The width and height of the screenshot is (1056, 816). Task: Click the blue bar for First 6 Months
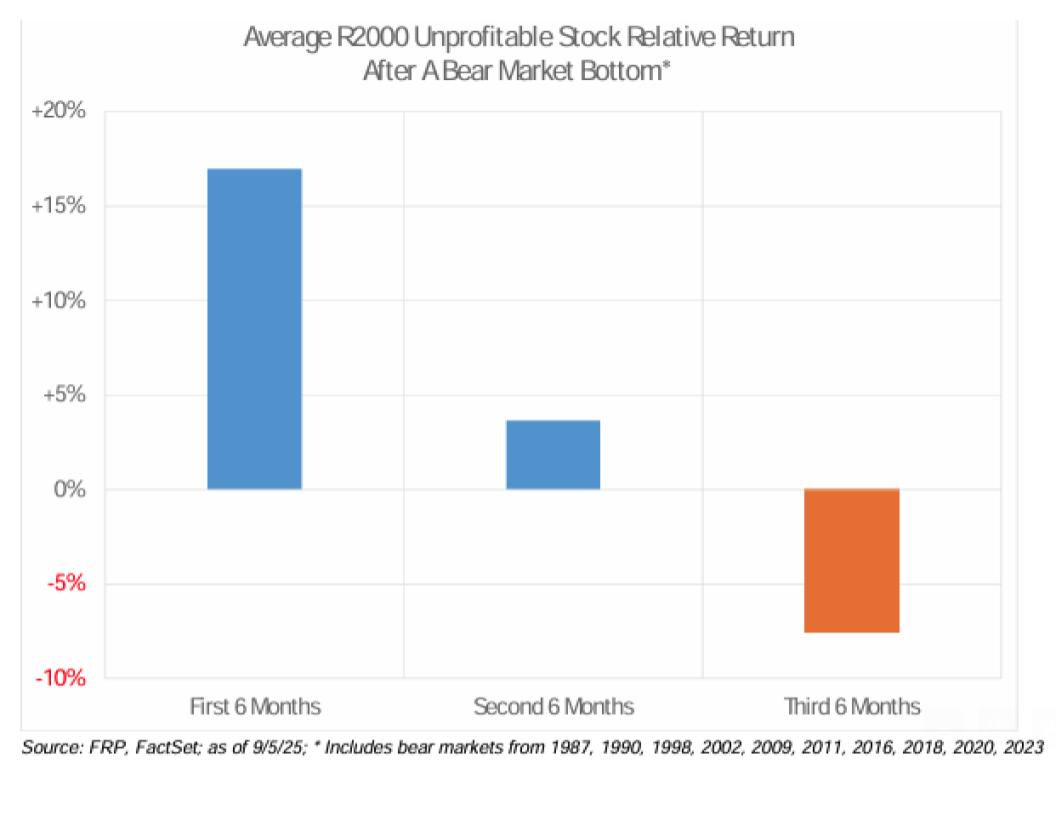coord(255,329)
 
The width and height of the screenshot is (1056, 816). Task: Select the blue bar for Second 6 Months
coord(553,455)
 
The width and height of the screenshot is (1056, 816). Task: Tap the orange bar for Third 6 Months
coord(852,561)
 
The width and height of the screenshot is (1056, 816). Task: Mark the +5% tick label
coord(64,395)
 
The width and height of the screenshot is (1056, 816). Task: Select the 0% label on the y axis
coord(71,490)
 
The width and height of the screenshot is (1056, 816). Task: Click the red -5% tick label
coord(67,584)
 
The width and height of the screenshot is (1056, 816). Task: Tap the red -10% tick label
coord(63,679)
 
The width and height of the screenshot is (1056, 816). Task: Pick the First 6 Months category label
coord(255,707)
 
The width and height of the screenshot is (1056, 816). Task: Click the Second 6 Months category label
coord(553,707)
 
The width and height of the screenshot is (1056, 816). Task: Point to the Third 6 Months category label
coord(852,707)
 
